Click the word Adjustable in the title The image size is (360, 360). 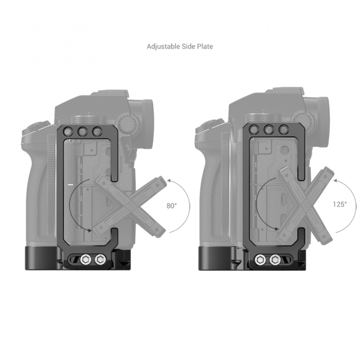163,47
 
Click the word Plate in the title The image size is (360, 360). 205,46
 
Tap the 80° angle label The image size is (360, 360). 172,206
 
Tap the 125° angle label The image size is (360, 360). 340,204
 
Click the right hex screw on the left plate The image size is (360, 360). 100,260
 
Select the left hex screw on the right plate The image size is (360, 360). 260,260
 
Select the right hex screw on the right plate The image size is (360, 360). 275,260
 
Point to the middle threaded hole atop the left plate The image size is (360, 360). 82,131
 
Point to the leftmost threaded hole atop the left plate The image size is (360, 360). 68,131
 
